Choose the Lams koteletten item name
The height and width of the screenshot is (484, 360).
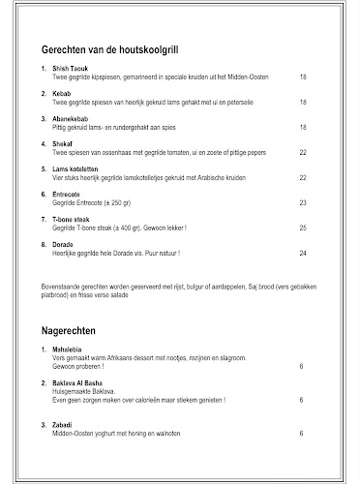(x=74, y=169)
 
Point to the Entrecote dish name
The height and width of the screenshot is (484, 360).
(x=66, y=195)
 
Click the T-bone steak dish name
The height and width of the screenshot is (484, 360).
(x=71, y=220)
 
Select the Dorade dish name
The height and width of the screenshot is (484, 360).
(x=63, y=245)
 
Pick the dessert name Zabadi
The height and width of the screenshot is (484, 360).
(x=63, y=426)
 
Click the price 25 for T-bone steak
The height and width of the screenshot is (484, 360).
(x=302, y=227)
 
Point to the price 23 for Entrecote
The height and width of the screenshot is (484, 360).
(x=302, y=202)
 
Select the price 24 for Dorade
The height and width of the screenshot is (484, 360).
(x=302, y=253)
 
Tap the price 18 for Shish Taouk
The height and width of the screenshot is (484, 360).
(x=302, y=76)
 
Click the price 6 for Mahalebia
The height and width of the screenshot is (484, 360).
(x=302, y=367)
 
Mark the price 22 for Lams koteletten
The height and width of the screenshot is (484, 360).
(x=302, y=177)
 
